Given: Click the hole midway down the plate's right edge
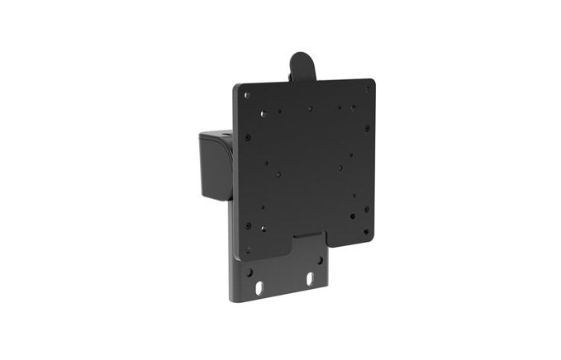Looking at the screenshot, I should click(x=368, y=159).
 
